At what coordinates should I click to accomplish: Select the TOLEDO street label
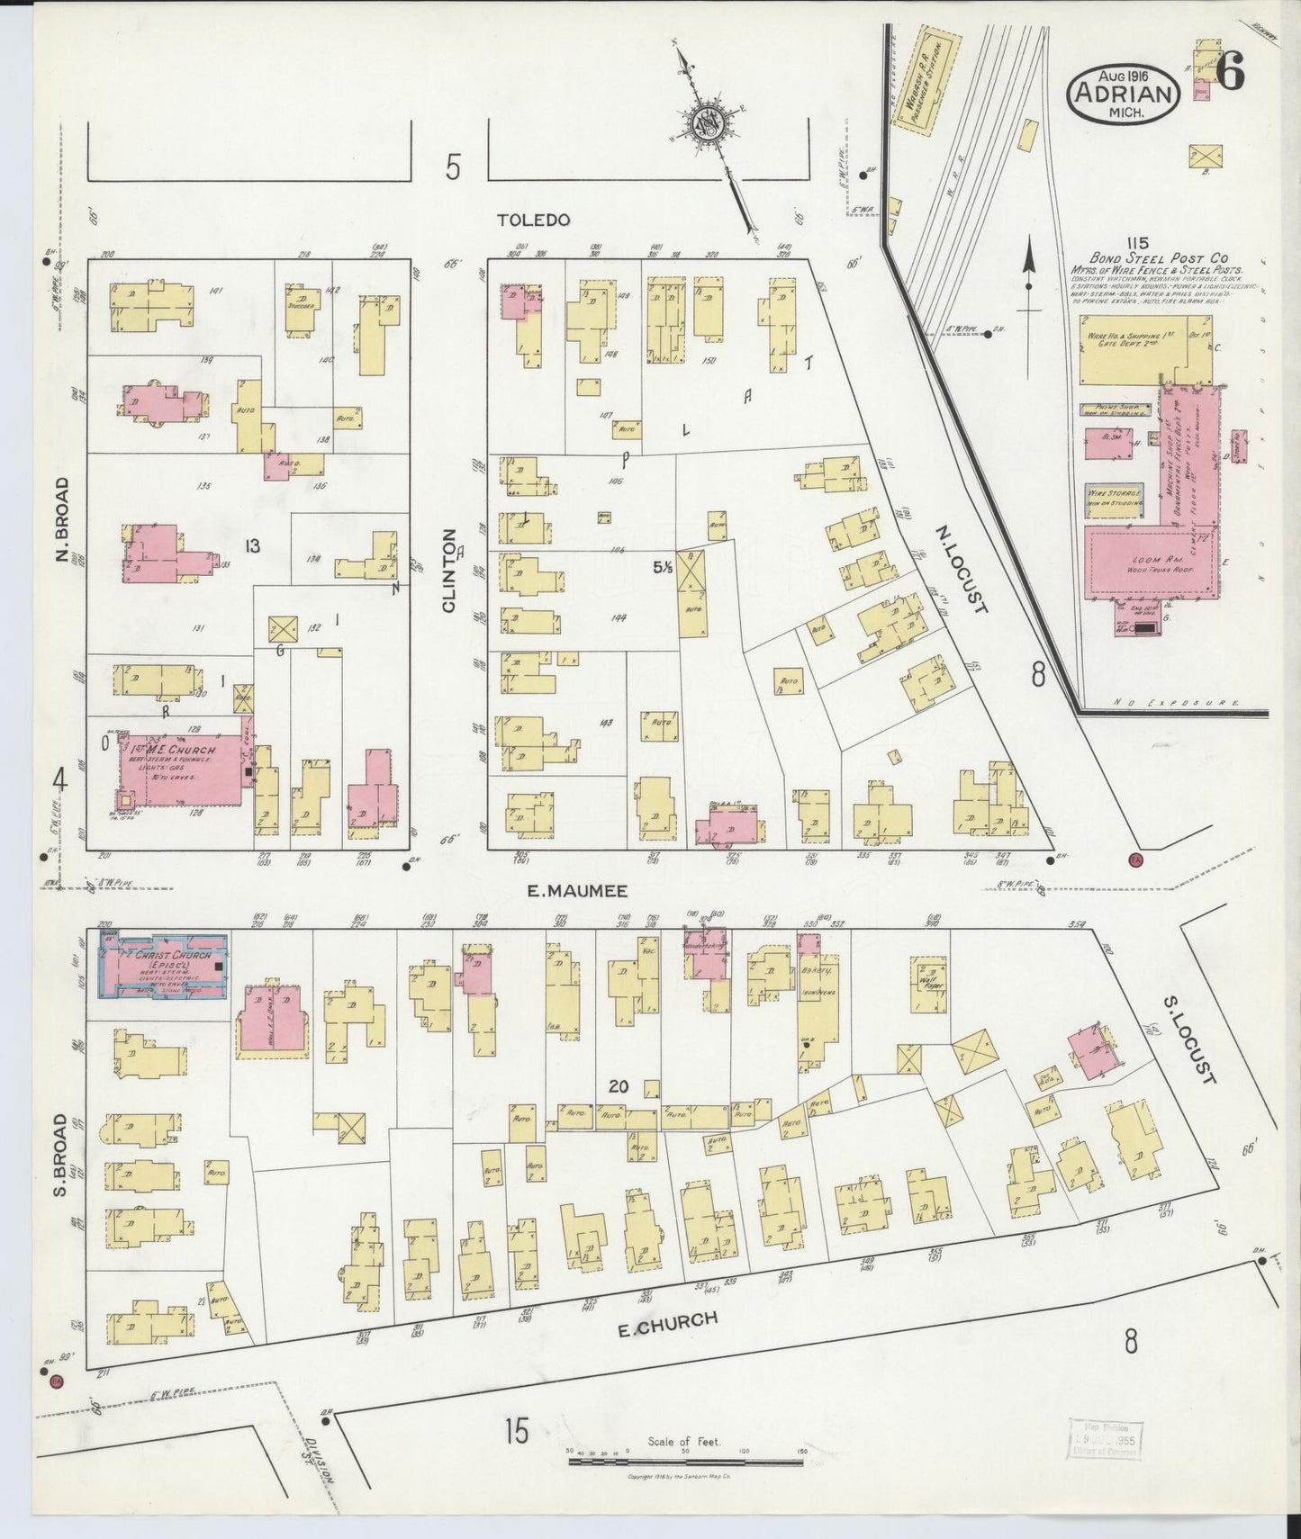[534, 220]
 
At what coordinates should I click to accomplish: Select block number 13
[252, 545]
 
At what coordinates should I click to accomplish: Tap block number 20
[617, 1086]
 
